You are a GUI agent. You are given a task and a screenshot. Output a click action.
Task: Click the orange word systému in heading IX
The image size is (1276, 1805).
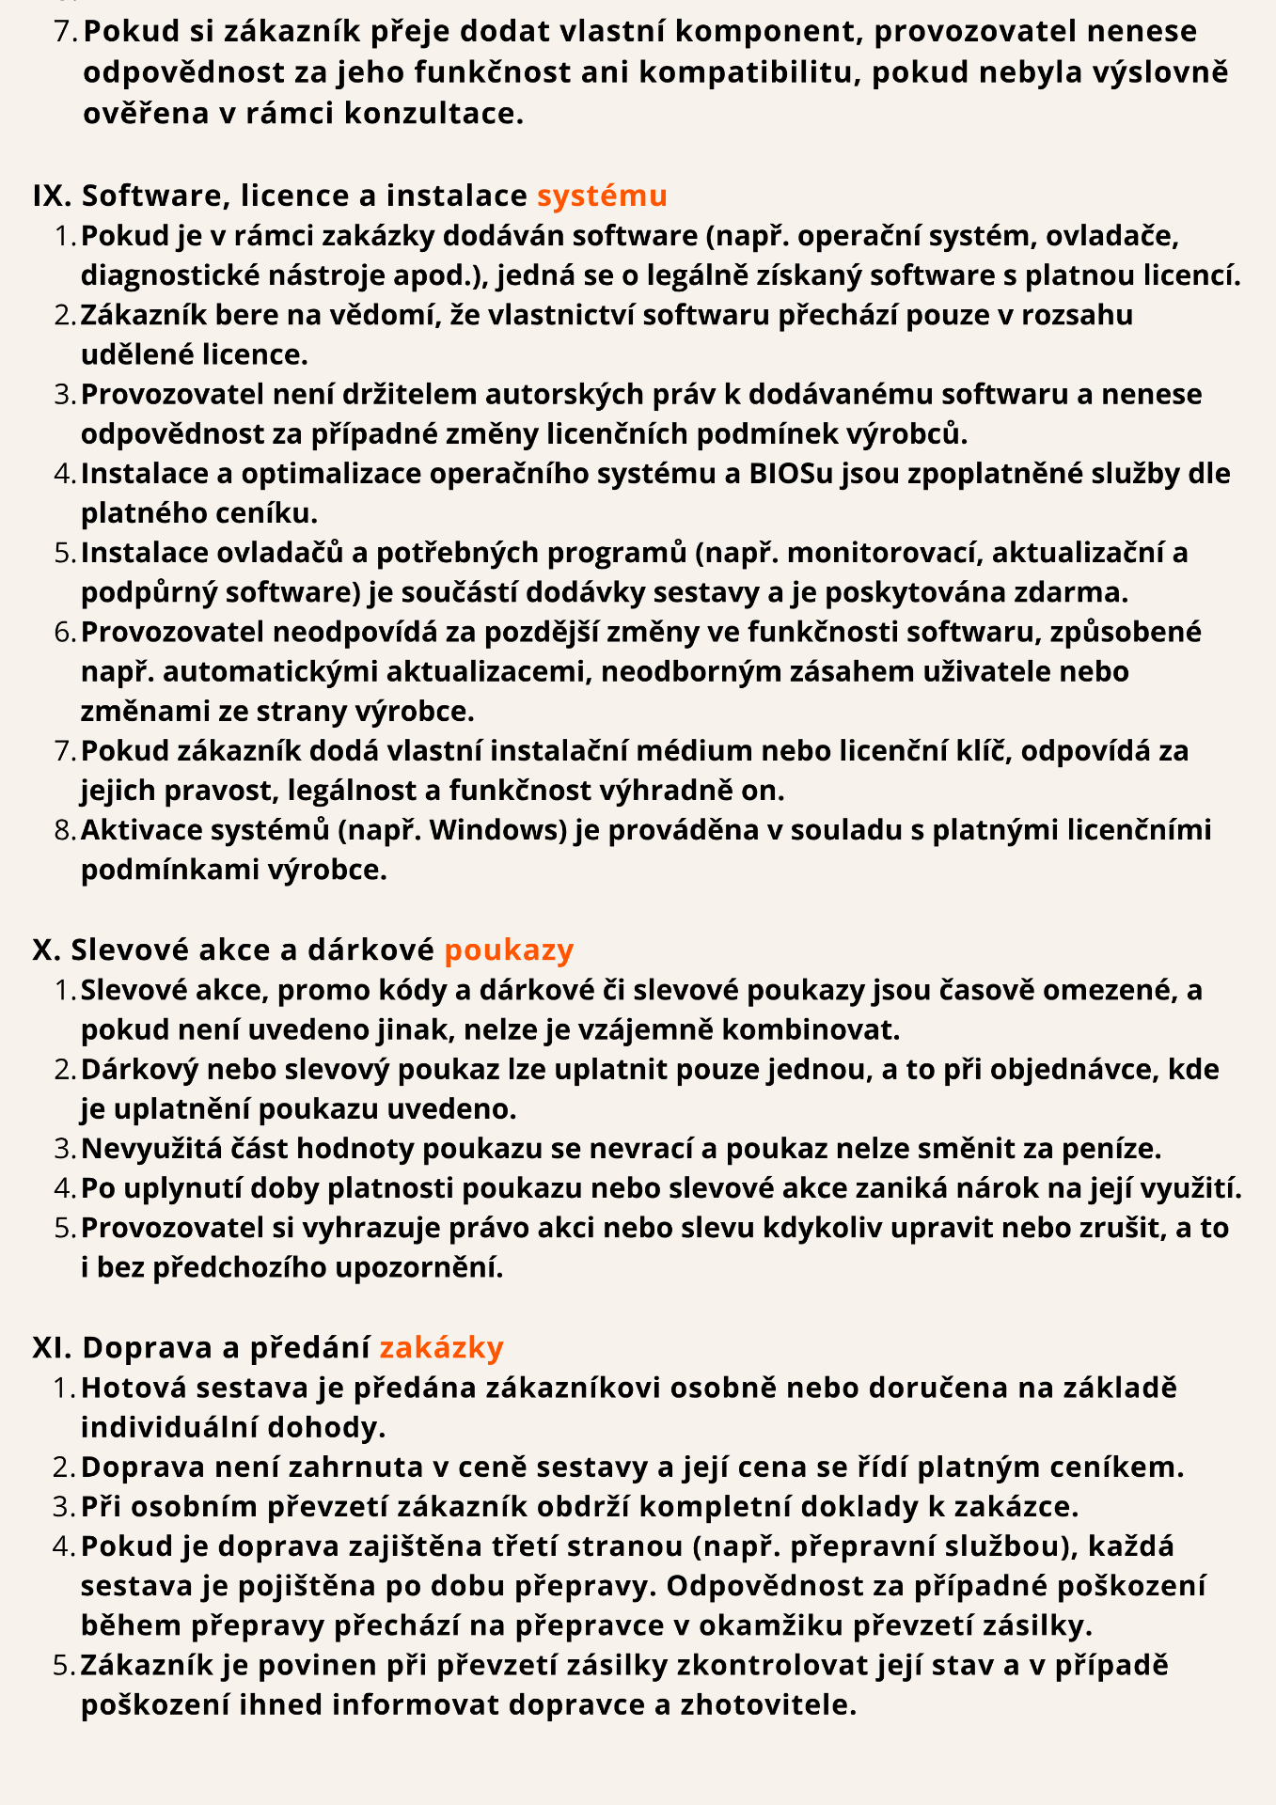pos(602,196)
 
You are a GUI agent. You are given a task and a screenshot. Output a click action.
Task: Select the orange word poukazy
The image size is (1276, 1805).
pos(509,950)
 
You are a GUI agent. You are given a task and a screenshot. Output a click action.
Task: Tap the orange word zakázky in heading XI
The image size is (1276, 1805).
pos(441,1348)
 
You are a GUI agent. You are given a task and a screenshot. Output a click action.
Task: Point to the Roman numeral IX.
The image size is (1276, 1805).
pos(52,196)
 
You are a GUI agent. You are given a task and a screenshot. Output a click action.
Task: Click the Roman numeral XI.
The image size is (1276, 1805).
pos(52,1348)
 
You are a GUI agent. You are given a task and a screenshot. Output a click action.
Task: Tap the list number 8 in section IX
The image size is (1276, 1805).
pos(63,830)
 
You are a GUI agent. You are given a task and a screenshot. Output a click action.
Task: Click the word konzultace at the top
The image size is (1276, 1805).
pos(433,114)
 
